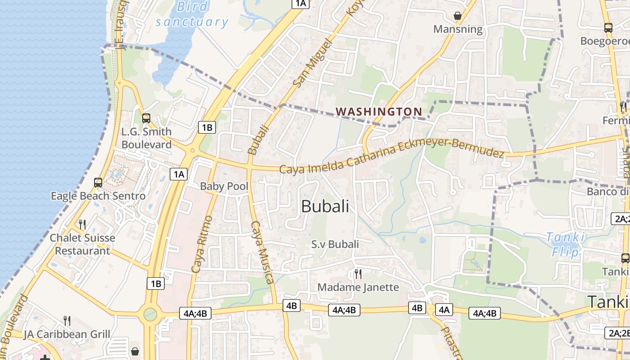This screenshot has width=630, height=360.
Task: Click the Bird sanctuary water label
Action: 192,14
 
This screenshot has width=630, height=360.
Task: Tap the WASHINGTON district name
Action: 379,112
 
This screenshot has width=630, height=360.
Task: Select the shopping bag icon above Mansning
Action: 458,16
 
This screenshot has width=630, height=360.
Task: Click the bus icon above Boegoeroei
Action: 608,27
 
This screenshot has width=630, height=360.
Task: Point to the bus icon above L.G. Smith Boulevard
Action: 146,118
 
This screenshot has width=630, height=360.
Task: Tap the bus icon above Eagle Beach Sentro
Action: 98,182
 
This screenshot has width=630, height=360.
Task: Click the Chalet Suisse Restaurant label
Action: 82,244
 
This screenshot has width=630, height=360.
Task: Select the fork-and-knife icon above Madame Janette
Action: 358,274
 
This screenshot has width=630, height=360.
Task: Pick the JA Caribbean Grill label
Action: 67,334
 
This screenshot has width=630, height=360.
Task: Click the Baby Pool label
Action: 224,186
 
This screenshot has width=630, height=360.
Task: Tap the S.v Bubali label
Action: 335,244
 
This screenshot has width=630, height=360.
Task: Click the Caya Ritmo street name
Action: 201,244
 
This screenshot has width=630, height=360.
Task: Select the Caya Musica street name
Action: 262,252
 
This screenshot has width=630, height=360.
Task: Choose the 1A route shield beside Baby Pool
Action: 179,174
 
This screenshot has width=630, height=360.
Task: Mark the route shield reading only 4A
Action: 444,310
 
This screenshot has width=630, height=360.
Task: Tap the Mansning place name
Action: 458,29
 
